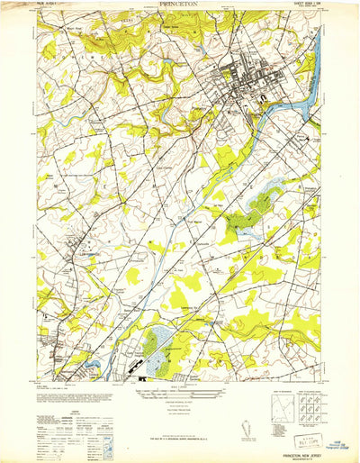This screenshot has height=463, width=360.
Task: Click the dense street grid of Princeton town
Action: click(x=238, y=90)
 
